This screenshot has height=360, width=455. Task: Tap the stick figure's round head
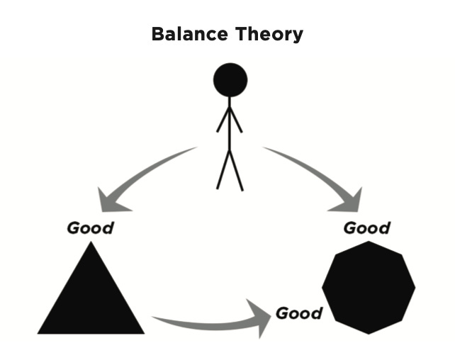pos(230,80)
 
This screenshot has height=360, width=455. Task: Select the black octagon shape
pos(368,287)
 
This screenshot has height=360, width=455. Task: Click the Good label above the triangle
pos(90,228)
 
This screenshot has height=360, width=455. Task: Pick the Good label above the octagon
pos(366,228)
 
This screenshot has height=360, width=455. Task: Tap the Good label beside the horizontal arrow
pos(298,313)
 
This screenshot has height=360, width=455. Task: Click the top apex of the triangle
pos(90,244)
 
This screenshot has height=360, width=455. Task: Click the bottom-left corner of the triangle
pos(40,332)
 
